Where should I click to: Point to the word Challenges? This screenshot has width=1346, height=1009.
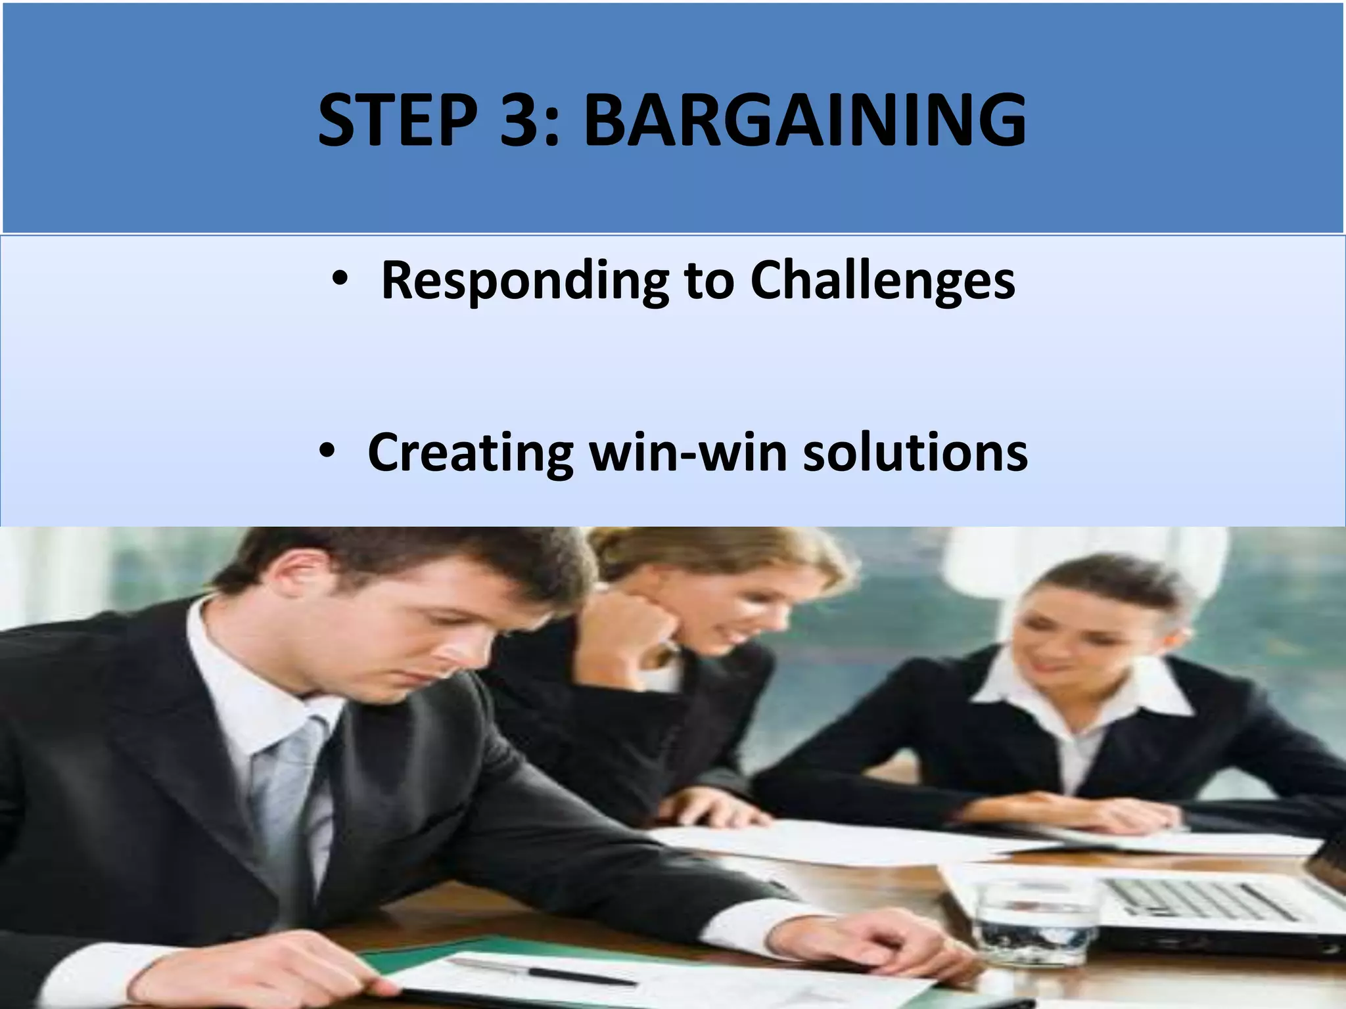(x=882, y=281)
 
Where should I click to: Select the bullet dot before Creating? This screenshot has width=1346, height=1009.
(x=327, y=452)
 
